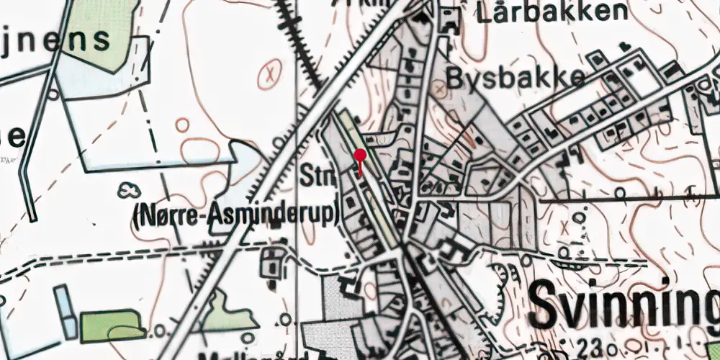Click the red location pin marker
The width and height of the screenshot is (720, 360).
pyautogui.click(x=360, y=156)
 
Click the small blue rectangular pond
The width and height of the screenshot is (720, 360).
pyautogui.click(x=65, y=311)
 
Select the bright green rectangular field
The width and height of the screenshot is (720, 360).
pyautogui.click(x=112, y=325)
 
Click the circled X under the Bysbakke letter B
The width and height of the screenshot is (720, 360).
pyautogui.click(x=439, y=90)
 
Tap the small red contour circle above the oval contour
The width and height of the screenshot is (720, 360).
pyautogui.click(x=182, y=126)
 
